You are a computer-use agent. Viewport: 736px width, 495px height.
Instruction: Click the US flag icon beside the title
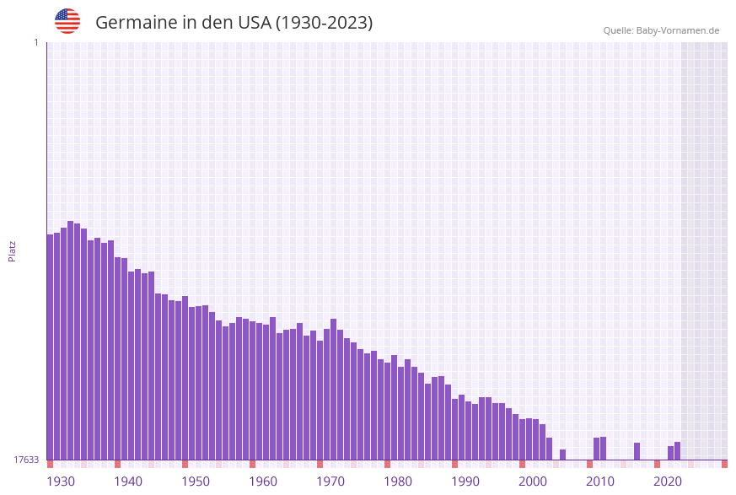coord(67,21)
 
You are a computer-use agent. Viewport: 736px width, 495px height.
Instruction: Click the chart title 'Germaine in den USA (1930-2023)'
coord(234,23)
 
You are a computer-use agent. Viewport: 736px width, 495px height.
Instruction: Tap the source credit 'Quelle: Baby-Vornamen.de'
coord(661,30)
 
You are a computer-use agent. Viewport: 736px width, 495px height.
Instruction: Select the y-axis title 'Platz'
coord(13,250)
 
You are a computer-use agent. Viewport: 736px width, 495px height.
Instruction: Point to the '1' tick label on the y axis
coord(35,42)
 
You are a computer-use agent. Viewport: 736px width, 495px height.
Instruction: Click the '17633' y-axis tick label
coord(25,460)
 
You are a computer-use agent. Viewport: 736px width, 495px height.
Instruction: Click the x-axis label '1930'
coord(61,482)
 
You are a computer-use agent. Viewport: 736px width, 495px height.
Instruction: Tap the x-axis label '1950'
coord(196,482)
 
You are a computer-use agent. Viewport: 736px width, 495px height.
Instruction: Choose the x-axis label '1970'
coord(330,482)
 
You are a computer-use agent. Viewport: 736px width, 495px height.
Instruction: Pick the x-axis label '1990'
coord(465,482)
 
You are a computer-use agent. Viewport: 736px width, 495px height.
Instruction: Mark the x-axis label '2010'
coord(600,482)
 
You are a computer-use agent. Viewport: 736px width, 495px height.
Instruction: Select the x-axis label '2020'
coord(668,482)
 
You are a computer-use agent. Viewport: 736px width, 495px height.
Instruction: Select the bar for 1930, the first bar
coord(51,347)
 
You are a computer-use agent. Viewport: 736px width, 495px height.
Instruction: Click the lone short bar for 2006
coord(563,455)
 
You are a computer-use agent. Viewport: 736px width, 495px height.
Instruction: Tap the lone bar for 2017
coord(637,451)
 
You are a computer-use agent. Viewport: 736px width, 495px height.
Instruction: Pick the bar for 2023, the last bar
coord(678,451)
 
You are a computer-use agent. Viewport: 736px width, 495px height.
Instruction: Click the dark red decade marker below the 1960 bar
coord(253,464)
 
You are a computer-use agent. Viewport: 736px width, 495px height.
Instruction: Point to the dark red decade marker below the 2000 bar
coord(523,464)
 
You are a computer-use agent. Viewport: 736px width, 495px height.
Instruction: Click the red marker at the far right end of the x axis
coord(724,464)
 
